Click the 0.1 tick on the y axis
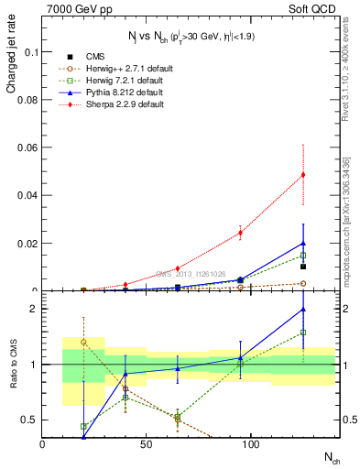pos(29,52)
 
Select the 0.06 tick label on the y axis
pos(27,147)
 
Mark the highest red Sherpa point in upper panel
pos(303,174)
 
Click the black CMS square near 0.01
pos(303,267)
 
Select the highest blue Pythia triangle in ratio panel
pos(303,310)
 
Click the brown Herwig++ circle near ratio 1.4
pos(84,342)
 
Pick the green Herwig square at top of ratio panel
pos(303,333)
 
